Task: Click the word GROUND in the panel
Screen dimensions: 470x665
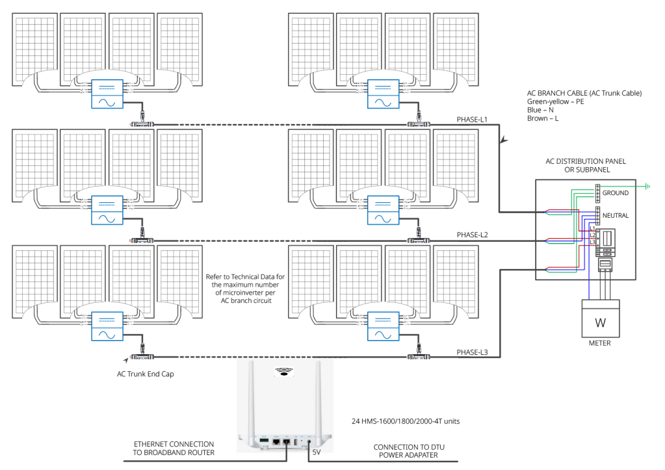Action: pyautogui.click(x=615, y=193)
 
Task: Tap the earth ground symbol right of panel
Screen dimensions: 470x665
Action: pyautogui.click(x=647, y=186)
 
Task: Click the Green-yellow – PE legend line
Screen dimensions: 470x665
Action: pyautogui.click(x=556, y=101)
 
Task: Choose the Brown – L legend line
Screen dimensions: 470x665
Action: pyautogui.click(x=543, y=118)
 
